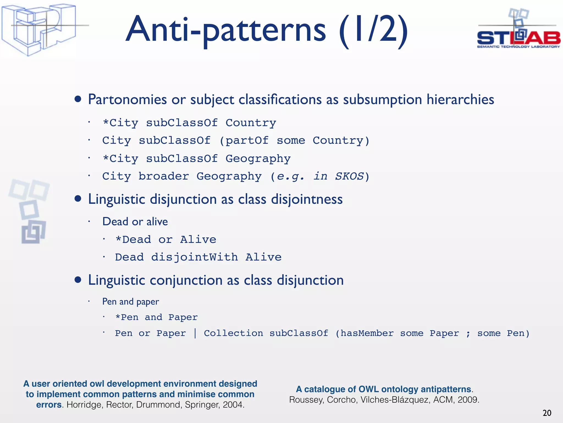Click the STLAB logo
pos(518,30)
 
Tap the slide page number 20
pos(547,413)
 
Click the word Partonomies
pos(127,99)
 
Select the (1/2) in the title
pos(373,30)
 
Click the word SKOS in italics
pos(349,176)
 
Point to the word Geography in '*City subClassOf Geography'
pos(258,159)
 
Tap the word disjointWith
pos(194,257)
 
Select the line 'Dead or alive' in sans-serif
pos(135,222)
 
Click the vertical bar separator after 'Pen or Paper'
pos(195,333)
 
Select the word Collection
pos(233,333)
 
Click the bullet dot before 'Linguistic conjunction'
pos(78,280)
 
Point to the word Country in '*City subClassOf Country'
pos(251,123)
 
